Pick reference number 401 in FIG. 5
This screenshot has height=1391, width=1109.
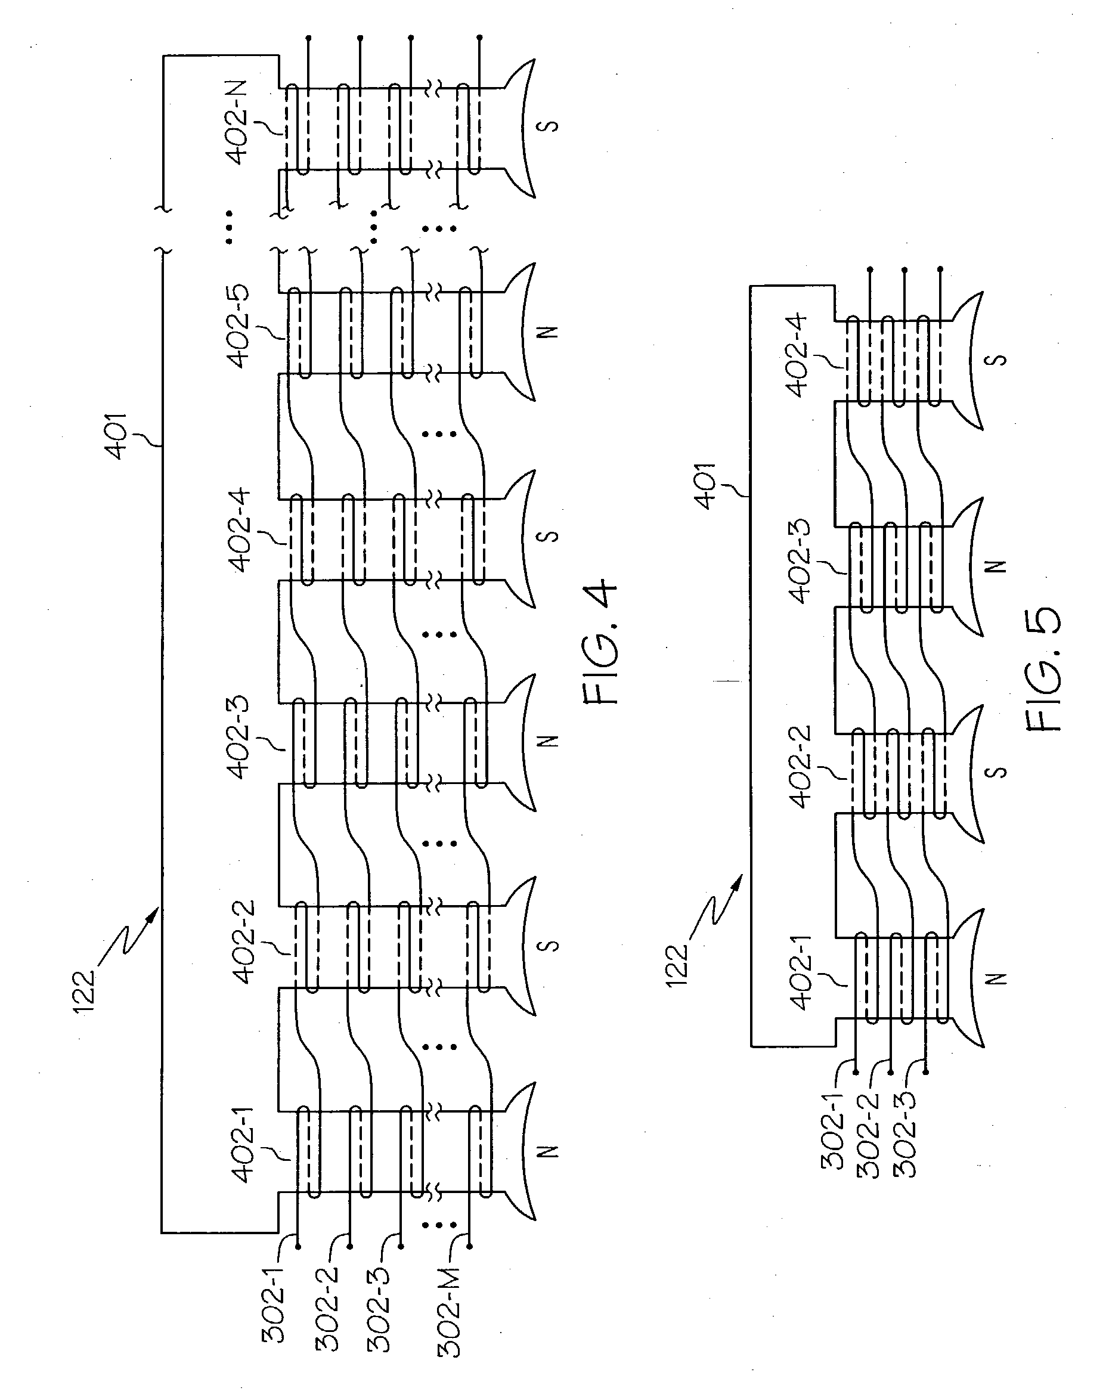point(707,486)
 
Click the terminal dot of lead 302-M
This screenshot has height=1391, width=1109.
point(469,1246)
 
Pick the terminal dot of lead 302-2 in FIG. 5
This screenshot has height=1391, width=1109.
point(890,1072)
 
